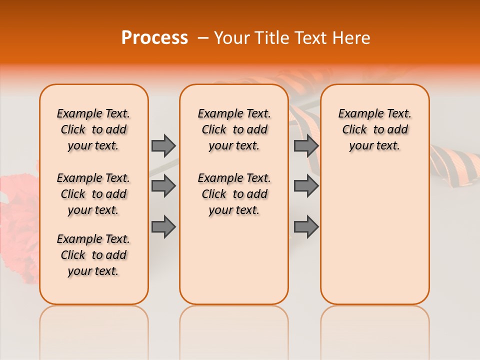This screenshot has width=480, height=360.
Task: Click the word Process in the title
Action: pos(154,38)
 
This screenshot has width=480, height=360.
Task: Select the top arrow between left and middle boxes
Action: pos(163,145)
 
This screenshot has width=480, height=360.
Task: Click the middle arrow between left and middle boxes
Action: pos(163,186)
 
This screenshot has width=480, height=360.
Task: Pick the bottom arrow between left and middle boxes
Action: pos(163,227)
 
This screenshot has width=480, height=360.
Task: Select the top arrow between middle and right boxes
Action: pos(306,145)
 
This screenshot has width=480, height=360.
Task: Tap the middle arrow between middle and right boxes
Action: pos(306,186)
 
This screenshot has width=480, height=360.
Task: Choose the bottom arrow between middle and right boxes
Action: pos(306,227)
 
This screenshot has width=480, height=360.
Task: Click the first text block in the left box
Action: pos(93,129)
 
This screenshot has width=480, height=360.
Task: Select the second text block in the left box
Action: pos(93,194)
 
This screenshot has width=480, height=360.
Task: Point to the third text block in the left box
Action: pos(93,255)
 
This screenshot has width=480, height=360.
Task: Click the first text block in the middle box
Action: pos(234,129)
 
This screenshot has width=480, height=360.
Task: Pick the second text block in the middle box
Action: pos(234,194)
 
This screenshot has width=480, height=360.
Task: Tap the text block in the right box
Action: pos(374,129)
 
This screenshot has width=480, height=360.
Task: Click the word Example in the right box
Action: pos(358,114)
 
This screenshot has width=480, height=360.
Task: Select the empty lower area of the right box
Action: pos(374,240)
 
